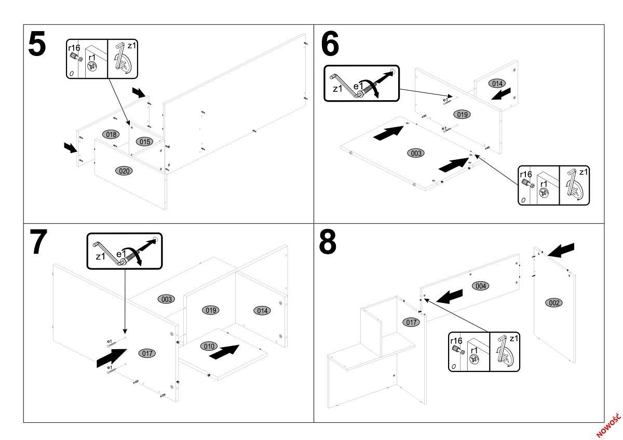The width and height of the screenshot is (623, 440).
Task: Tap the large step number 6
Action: coord(330,44)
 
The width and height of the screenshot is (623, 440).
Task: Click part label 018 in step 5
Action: coord(111,134)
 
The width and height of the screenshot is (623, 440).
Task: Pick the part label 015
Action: coord(144,142)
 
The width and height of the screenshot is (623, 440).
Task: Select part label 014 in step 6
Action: coord(496,84)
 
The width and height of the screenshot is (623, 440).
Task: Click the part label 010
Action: coord(209,346)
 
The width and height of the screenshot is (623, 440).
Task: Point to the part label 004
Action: coord(481,285)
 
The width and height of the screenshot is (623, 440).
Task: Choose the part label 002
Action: coord(554,302)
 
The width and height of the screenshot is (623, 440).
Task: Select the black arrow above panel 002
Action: coord(561,250)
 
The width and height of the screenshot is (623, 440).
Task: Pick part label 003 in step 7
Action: coord(167,299)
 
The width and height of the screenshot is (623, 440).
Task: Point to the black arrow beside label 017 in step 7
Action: coord(112,358)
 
